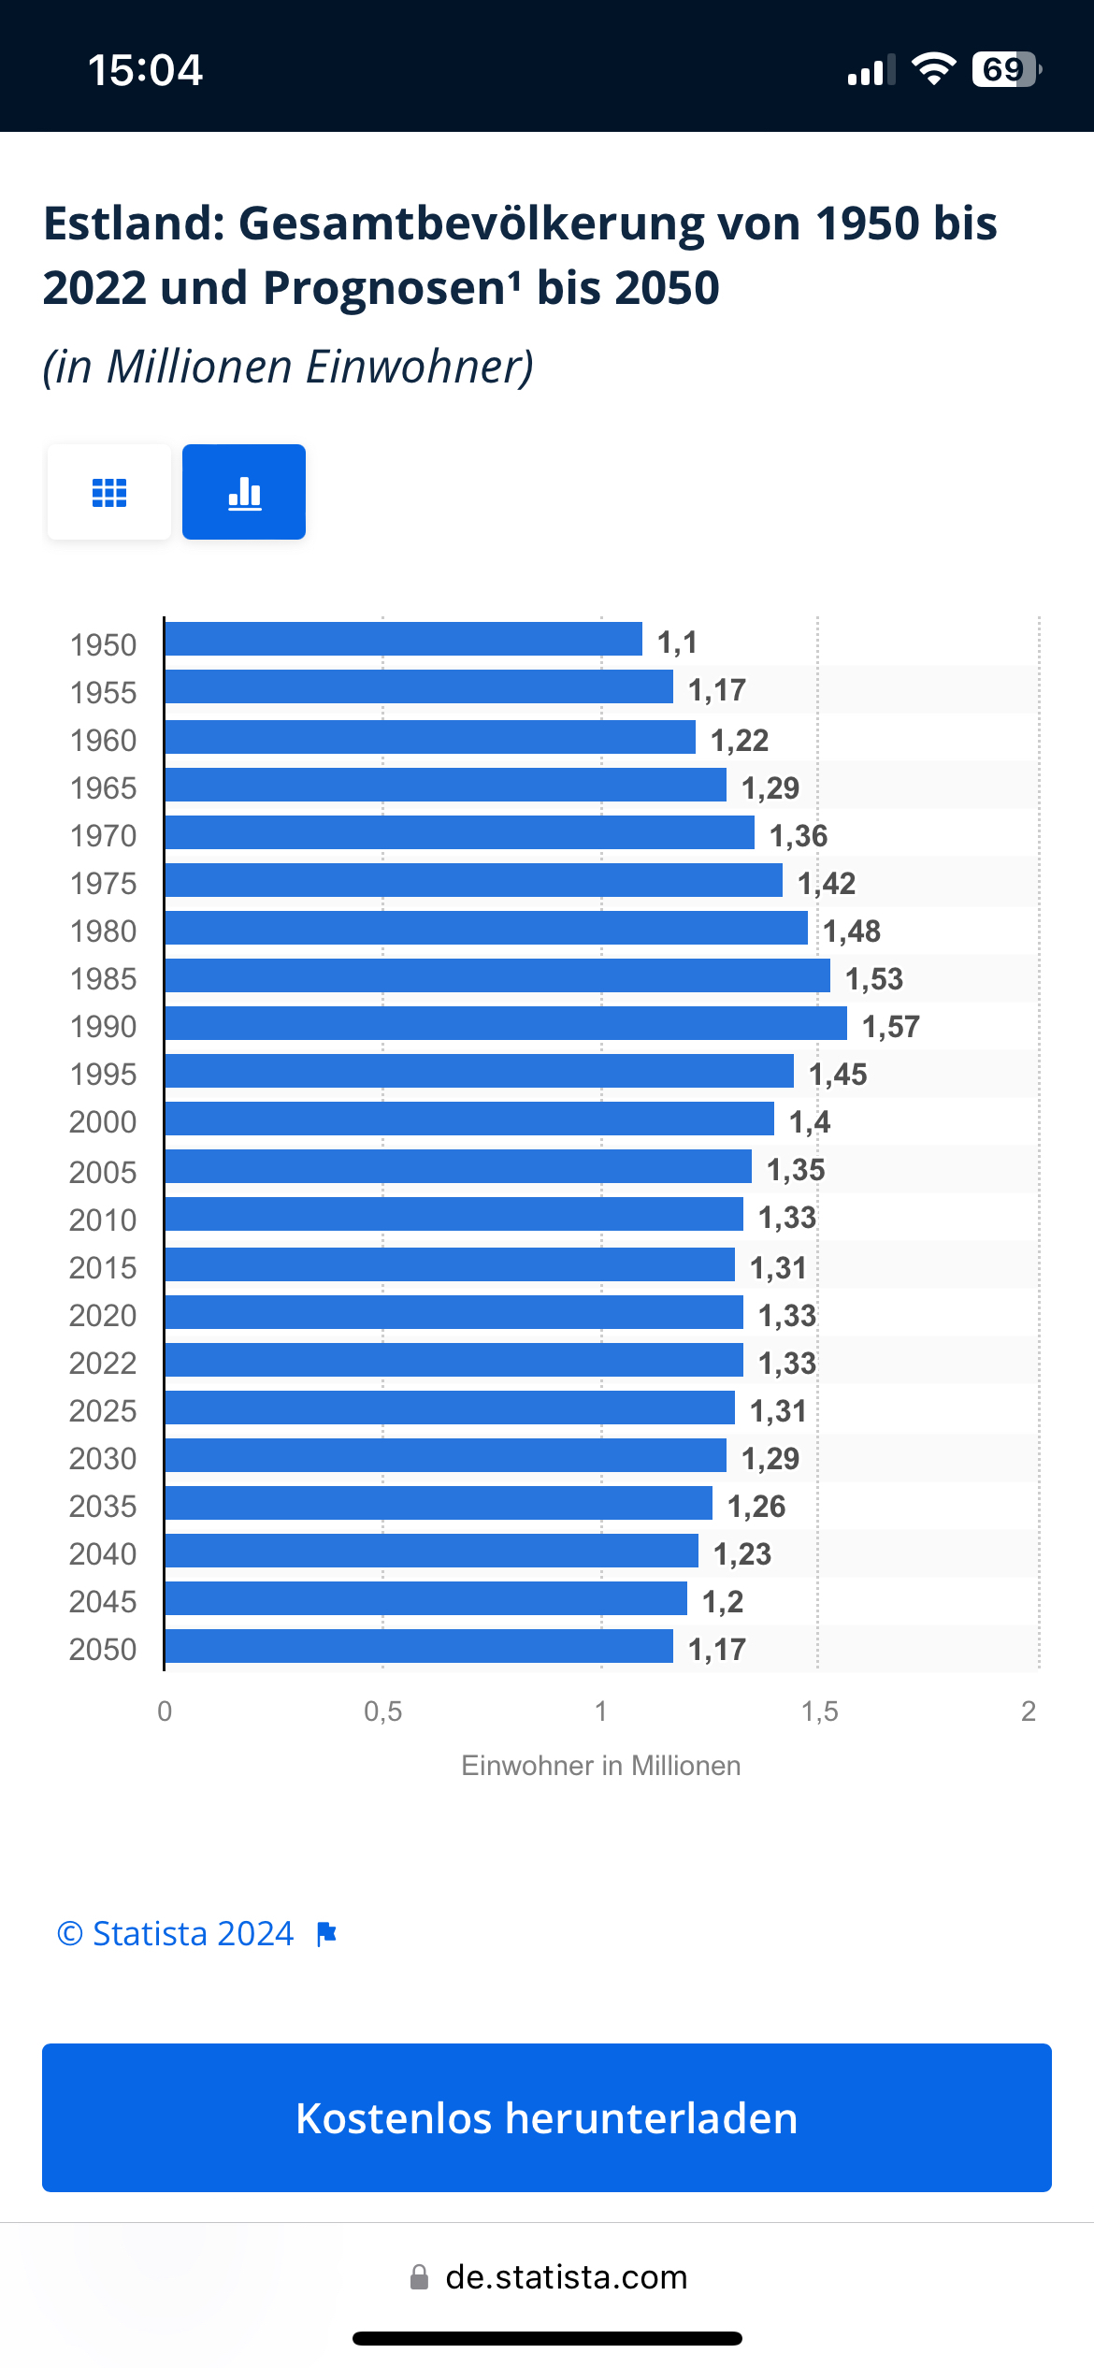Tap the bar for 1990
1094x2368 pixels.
pyautogui.click(x=505, y=1023)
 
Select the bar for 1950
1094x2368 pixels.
pyautogui.click(x=403, y=639)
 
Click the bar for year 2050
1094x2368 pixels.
pyautogui.click(x=418, y=1646)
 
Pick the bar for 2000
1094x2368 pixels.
pyautogui.click(x=468, y=1119)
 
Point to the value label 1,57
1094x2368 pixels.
pyautogui.click(x=890, y=1027)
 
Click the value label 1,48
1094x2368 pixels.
pyautogui.click(x=851, y=931)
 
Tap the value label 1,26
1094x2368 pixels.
pyautogui.click(x=756, y=1507)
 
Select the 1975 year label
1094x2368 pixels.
pyautogui.click(x=103, y=884)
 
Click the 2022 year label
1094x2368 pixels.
pyautogui.click(x=103, y=1364)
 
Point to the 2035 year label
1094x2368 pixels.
pyautogui.click(x=103, y=1507)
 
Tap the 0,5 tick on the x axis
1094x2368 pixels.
pyautogui.click(x=382, y=1711)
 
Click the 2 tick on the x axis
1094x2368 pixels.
pyautogui.click(x=1029, y=1711)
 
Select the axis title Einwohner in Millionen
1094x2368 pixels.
pyautogui.click(x=600, y=1766)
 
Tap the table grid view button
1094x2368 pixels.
pyautogui.click(x=109, y=492)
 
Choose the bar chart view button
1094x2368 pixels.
pyautogui.click(x=244, y=492)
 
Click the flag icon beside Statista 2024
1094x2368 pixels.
pyautogui.click(x=326, y=1934)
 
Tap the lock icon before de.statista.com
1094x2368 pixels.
pyautogui.click(x=420, y=2277)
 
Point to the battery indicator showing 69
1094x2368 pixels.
pyautogui.click(x=1005, y=69)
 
